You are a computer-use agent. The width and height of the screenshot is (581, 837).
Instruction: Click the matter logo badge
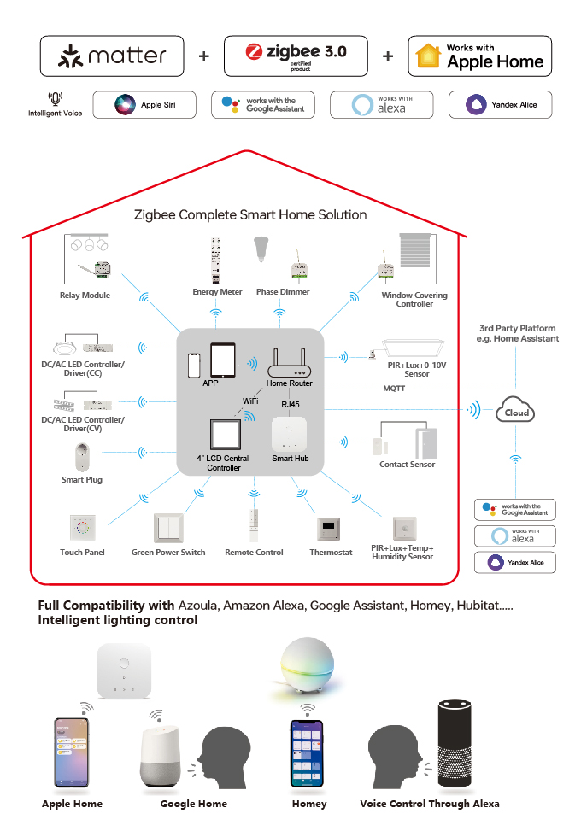(x=112, y=56)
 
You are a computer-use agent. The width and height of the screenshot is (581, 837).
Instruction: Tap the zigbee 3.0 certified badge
(x=296, y=56)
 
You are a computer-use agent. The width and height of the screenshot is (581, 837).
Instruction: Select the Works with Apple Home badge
(x=479, y=56)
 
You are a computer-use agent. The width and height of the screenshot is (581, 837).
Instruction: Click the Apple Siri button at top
(x=144, y=105)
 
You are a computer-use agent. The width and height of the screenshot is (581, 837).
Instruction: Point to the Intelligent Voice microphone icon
(x=56, y=99)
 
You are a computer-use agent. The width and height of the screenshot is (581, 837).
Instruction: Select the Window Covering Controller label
(x=414, y=300)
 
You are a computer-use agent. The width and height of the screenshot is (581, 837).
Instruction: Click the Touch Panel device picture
(x=82, y=529)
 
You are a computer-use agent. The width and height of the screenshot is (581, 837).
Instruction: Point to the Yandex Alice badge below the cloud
(x=515, y=562)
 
